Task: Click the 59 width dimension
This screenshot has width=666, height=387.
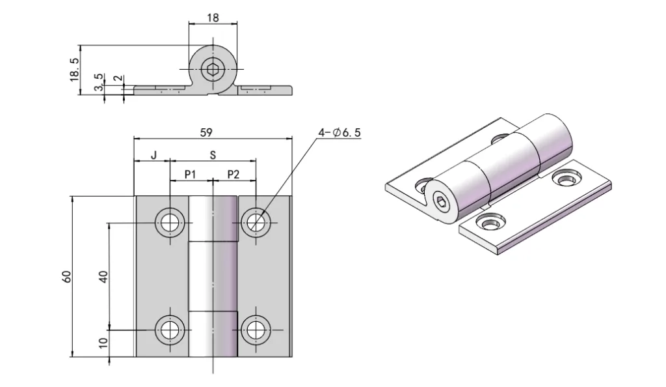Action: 206,132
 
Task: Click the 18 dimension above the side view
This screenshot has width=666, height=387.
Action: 213,18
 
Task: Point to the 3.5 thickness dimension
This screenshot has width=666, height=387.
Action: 98,83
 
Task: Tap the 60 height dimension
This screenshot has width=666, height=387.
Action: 66,276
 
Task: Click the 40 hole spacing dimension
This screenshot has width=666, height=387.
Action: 103,276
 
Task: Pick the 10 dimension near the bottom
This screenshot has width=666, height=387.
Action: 103,343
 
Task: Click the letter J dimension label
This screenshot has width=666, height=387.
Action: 153,156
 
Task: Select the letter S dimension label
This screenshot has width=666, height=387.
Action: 213,156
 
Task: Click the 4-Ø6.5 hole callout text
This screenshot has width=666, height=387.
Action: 339,133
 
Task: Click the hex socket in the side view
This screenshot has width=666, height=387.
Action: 213,69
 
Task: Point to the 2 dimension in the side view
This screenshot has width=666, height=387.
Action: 117,78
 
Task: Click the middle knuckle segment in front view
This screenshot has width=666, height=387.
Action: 213,276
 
